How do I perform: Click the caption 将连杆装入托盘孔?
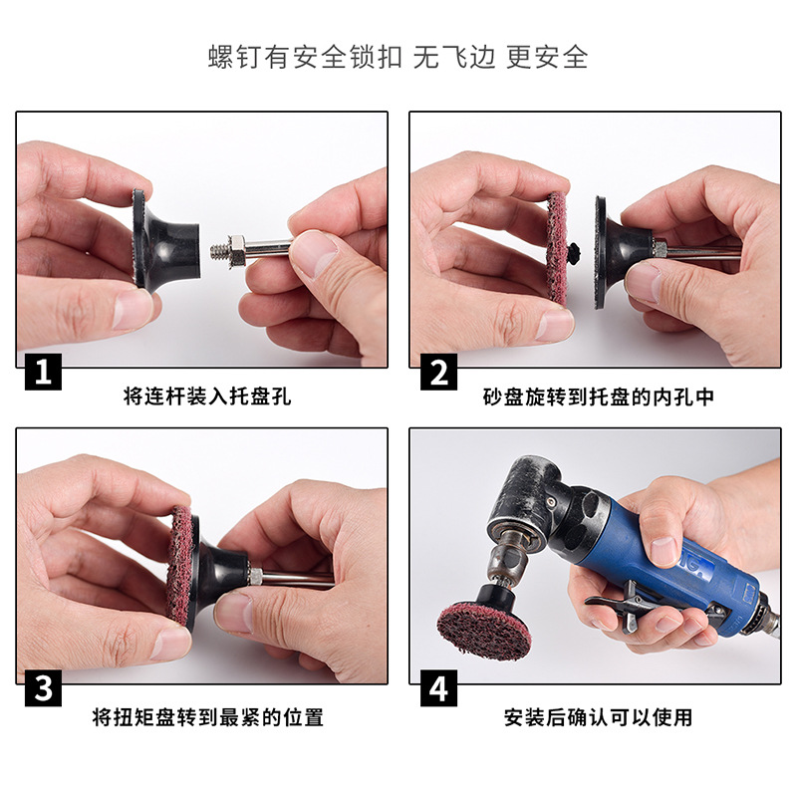[x=207, y=397]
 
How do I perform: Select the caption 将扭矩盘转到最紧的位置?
[x=207, y=716]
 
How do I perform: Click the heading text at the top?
[x=398, y=56]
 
